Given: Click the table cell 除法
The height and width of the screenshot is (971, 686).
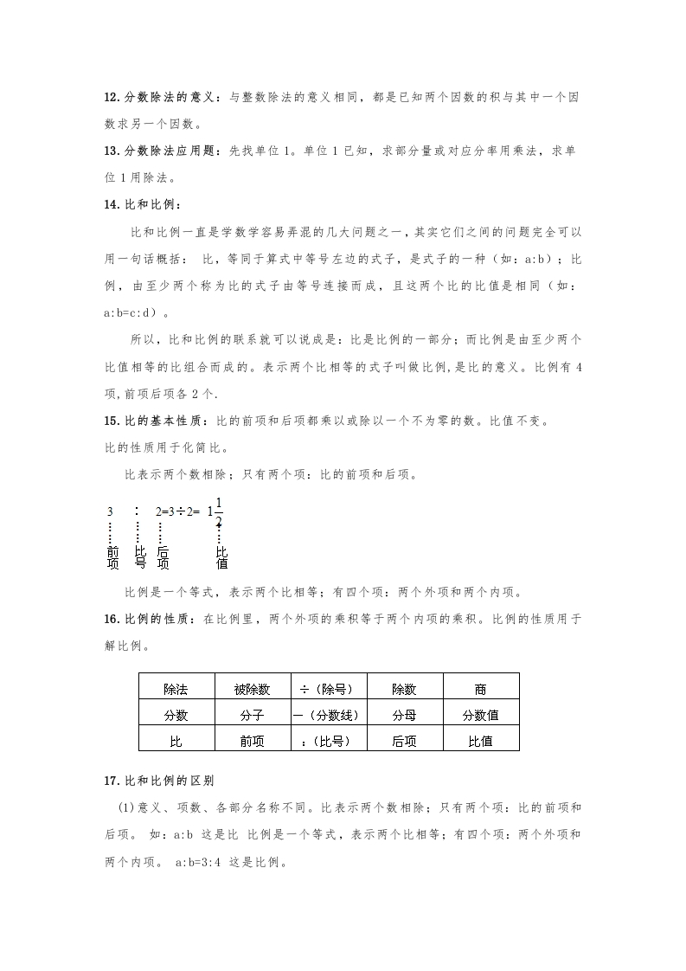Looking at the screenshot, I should [x=176, y=690].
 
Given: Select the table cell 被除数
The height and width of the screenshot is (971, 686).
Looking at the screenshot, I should [x=252, y=690].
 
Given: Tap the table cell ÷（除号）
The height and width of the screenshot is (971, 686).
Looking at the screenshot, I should [x=329, y=690].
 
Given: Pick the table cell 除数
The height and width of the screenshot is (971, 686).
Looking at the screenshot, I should [x=404, y=690].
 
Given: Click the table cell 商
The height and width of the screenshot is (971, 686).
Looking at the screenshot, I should [x=480, y=690].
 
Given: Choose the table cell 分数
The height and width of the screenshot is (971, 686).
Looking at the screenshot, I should [x=176, y=716].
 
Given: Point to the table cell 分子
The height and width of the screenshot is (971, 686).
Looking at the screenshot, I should [x=252, y=716].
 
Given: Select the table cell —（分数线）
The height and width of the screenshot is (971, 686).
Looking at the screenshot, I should [x=329, y=716].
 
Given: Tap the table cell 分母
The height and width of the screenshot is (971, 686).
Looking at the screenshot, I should [x=404, y=716].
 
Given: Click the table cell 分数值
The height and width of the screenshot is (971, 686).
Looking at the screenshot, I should [x=480, y=716].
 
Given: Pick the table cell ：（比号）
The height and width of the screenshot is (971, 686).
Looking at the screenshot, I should [x=329, y=742].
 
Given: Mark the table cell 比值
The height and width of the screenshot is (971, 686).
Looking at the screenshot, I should [x=480, y=742].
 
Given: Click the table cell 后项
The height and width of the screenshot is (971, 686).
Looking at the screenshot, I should [x=404, y=742].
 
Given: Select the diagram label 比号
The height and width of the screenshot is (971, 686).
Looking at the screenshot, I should [x=139, y=556].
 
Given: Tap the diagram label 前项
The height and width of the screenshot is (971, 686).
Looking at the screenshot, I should [x=112, y=556].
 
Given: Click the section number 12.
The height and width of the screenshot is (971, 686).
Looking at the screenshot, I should [x=110, y=98].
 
